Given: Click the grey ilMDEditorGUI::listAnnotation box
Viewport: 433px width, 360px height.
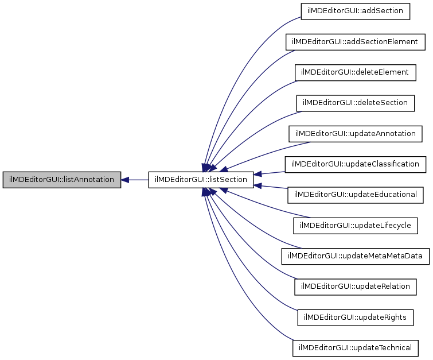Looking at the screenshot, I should tap(62, 180).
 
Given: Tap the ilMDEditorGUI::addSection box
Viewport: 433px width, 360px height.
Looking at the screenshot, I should tap(356, 11).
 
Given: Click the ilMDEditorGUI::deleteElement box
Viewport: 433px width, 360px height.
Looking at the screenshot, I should tap(356, 72).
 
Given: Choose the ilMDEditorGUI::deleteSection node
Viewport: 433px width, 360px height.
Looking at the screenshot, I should tap(356, 103).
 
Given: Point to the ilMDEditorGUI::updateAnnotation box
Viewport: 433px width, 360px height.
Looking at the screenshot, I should tap(356, 134).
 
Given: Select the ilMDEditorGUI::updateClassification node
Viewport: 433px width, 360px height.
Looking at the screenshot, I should tap(356, 164).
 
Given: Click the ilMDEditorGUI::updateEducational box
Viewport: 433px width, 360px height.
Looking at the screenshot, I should tap(356, 195).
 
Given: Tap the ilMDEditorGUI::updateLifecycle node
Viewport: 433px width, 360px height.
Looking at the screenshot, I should tap(356, 226).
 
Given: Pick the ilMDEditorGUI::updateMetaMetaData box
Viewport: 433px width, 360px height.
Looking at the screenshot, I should tap(356, 256).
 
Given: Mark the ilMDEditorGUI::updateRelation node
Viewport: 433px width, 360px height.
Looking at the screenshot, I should tap(356, 287).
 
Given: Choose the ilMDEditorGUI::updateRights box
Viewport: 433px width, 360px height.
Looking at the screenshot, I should tap(356, 318).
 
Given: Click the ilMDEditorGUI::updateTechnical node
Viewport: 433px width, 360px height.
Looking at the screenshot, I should tap(356, 348).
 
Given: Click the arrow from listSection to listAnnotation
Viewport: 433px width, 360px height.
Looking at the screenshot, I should tap(138, 180).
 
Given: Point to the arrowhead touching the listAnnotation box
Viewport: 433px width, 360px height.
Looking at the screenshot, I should tap(126, 180).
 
